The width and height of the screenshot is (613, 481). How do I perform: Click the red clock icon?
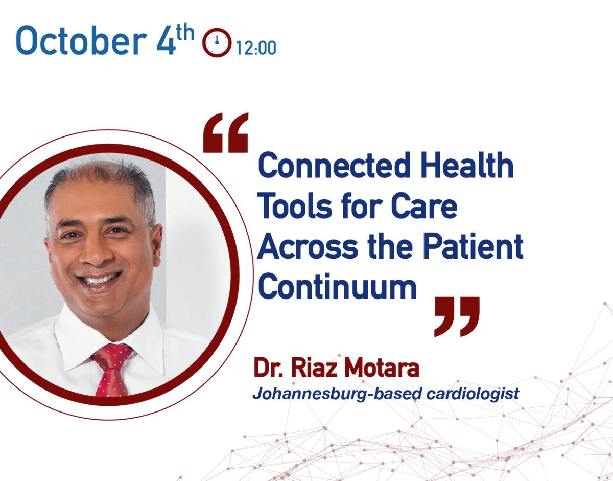(217, 42)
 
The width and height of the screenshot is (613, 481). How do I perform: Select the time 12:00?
(256, 48)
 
